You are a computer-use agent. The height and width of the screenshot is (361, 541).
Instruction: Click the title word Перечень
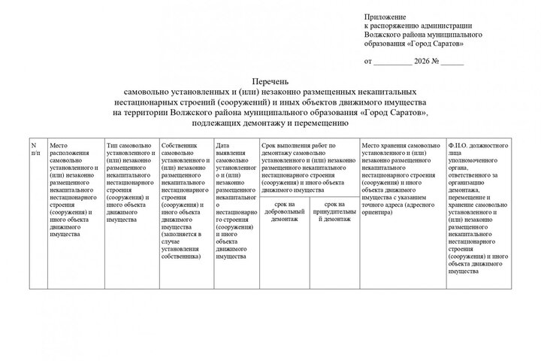(x=270, y=82)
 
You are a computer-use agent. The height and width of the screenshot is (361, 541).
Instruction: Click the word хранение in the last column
(x=464, y=205)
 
